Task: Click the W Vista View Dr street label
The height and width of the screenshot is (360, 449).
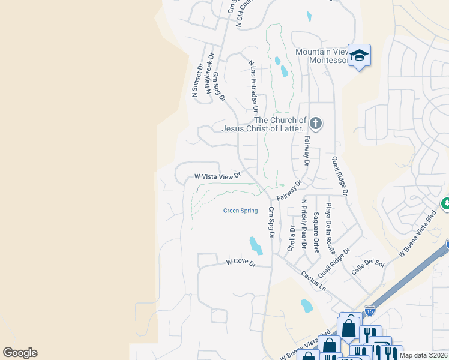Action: (217, 176)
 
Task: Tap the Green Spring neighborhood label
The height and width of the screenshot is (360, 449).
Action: (240, 211)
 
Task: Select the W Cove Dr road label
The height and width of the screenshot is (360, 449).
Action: (241, 263)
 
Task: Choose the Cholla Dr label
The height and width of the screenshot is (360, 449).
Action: (292, 237)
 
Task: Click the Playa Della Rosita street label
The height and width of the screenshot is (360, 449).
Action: (328, 227)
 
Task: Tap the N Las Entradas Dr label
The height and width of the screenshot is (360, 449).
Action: (253, 86)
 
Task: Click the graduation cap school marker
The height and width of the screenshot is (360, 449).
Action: (359, 56)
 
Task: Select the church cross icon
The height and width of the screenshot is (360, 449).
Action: (316, 124)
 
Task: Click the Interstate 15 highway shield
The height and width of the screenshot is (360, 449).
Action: (369, 311)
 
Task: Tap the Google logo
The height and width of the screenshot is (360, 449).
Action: (20, 353)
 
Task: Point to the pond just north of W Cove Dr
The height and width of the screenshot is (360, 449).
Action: (255, 245)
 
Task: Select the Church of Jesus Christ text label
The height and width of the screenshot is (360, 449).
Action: (264, 124)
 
